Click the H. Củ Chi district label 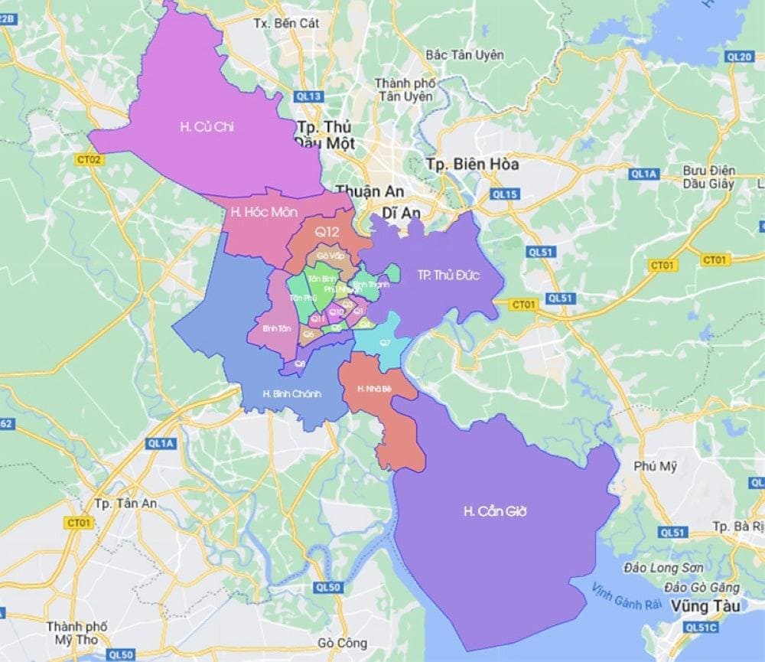[x=207, y=127]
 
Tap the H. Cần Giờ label [x=496, y=511]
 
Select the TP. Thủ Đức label [x=448, y=276]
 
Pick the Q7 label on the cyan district [x=385, y=342]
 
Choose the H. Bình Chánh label [x=291, y=394]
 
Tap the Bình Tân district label [x=275, y=328]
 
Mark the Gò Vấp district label [x=330, y=255]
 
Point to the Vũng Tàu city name [x=696, y=605]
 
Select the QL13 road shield [x=308, y=96]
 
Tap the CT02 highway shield [x=90, y=159]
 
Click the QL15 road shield [x=506, y=194]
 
